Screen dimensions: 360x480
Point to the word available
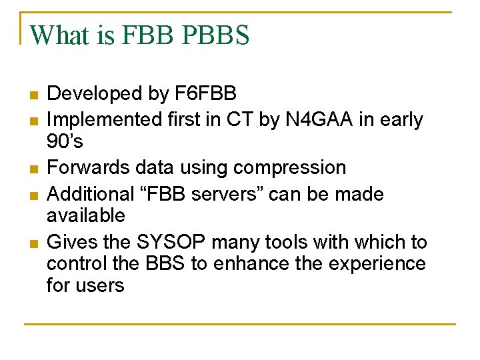coord(86,215)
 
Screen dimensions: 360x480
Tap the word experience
coord(376,264)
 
